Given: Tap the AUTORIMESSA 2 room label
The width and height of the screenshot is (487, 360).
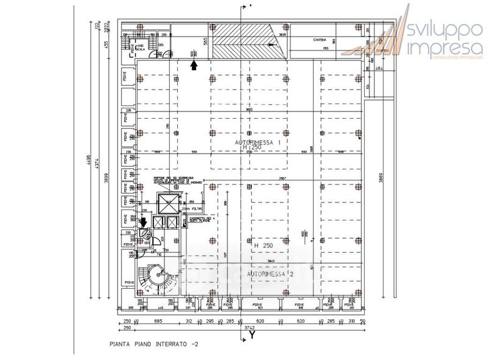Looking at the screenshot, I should point(272,275).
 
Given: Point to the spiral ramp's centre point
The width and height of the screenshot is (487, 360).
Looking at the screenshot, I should point(160,275).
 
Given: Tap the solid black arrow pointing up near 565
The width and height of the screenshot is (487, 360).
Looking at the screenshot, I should point(194,65).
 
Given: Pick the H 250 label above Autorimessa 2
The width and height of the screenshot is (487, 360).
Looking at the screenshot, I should point(264,245).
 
